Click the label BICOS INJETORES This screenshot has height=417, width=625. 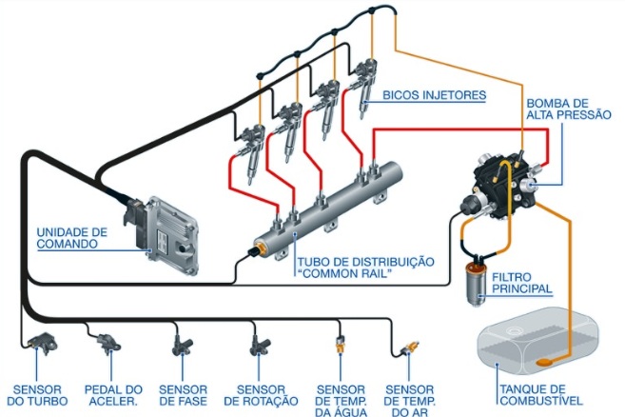434,95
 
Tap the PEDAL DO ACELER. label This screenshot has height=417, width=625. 113,395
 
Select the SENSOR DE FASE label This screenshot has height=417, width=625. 184,395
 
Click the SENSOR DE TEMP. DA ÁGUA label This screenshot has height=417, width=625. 341,400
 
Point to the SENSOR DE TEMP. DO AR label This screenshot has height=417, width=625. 411,400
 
